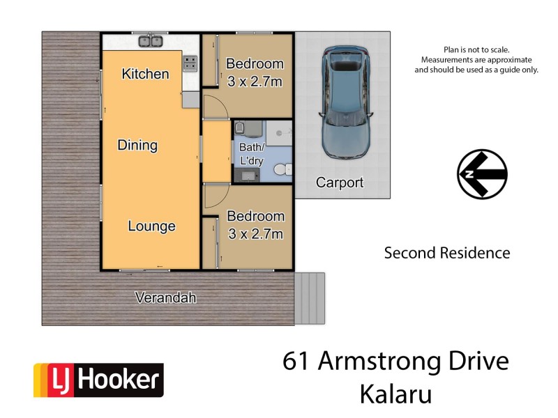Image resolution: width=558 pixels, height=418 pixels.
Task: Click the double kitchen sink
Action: pyautogui.click(x=151, y=42)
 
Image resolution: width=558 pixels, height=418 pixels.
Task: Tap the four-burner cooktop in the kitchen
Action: pyautogui.click(x=190, y=64)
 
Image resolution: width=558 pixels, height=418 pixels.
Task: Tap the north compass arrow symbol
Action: pyautogui.click(x=482, y=174)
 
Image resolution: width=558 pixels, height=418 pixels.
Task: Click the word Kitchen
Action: pyautogui.click(x=145, y=74)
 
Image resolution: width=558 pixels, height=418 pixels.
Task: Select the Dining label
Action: pyautogui.click(x=137, y=146)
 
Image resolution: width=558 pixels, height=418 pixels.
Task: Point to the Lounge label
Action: pyautogui.click(x=151, y=226)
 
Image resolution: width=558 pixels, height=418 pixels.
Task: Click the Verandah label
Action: pyautogui.click(x=165, y=298)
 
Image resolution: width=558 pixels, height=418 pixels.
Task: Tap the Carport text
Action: pyautogui.click(x=340, y=183)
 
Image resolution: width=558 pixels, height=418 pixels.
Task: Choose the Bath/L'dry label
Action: pyautogui.click(x=252, y=154)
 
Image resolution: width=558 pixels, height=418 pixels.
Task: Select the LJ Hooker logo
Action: pyautogui.click(x=98, y=380)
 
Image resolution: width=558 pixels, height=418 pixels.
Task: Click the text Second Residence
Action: pyautogui.click(x=447, y=253)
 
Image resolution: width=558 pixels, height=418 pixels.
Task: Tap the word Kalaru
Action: pyautogui.click(x=395, y=394)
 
